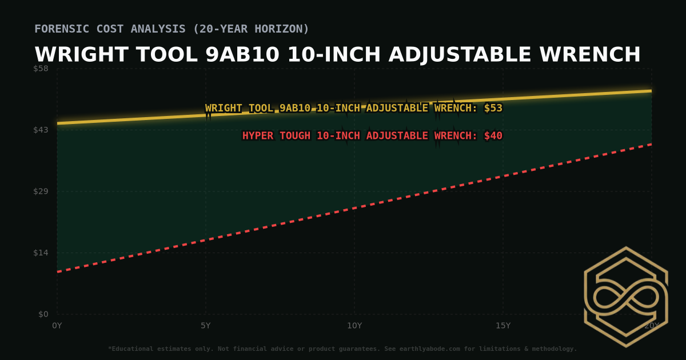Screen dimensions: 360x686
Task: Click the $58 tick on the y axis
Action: click(41, 69)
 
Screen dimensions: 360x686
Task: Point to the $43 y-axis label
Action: click(41, 130)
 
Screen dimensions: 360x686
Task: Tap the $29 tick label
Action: click(41, 191)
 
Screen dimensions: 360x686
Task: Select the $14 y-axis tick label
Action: click(41, 253)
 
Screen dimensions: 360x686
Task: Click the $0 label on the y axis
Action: click(43, 314)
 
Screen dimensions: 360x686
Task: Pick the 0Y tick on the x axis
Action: click(57, 326)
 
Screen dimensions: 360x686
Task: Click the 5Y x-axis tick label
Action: click(206, 326)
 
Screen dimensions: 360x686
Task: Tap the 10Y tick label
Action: click(354, 326)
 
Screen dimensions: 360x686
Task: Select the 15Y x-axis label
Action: click(503, 326)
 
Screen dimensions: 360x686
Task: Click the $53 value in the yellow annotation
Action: click(493, 108)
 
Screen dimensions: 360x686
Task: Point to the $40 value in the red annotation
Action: click(493, 136)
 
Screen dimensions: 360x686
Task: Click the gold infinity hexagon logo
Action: click(625, 297)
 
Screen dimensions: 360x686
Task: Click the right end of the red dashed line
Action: click(651, 144)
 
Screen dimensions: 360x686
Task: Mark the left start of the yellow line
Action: click(58, 123)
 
